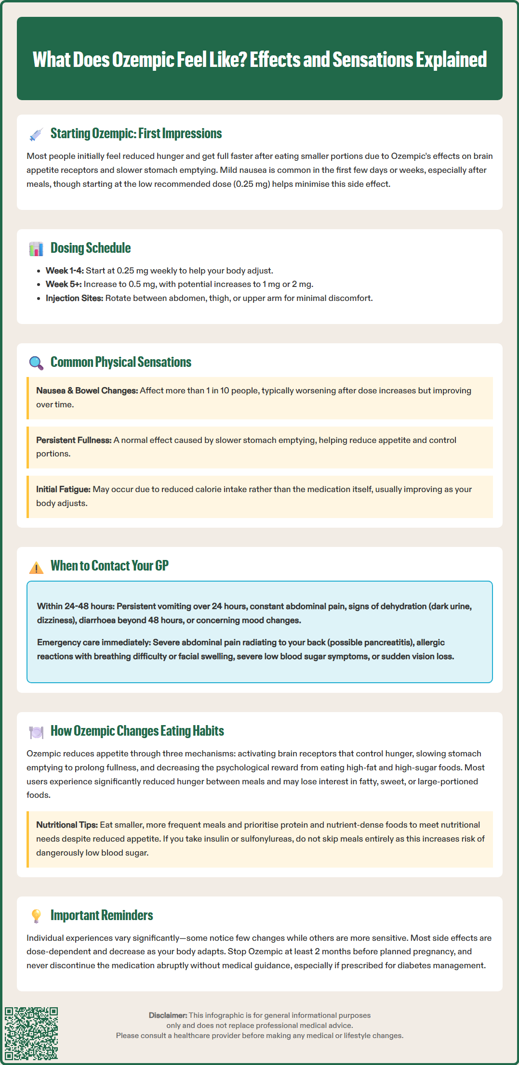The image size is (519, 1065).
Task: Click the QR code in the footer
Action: (31, 1033)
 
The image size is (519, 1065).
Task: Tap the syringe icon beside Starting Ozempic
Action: (36, 134)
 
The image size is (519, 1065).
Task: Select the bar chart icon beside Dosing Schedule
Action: (36, 249)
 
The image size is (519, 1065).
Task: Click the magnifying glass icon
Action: (36, 363)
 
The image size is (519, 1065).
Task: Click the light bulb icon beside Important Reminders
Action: (36, 916)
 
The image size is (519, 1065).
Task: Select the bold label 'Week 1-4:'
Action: (65, 271)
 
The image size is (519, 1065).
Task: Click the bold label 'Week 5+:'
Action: (64, 284)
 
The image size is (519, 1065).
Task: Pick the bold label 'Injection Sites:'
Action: (74, 298)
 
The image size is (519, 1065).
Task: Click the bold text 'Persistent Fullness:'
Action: (74, 440)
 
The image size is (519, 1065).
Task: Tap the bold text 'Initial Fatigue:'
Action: (63, 489)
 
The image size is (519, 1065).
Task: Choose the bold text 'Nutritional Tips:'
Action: (67, 825)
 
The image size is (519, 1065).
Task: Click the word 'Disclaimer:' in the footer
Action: (168, 1015)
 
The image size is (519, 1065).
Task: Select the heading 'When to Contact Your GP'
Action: (109, 566)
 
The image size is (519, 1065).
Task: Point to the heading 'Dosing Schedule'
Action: (91, 248)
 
